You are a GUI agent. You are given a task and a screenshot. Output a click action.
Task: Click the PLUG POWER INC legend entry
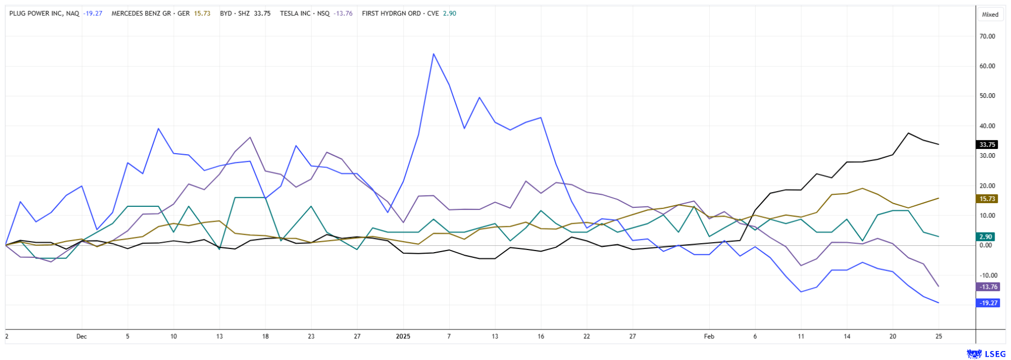(x=44, y=14)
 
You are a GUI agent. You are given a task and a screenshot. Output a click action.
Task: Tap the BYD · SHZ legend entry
(x=235, y=14)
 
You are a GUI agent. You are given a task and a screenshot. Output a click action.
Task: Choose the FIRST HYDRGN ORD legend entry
(x=400, y=14)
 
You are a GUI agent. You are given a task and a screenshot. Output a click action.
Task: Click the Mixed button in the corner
(x=990, y=15)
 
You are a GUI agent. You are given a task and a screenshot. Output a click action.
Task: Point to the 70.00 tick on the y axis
(x=987, y=36)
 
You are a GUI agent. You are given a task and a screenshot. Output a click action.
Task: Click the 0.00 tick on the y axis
(x=985, y=245)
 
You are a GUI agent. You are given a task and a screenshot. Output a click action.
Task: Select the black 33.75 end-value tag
(x=987, y=145)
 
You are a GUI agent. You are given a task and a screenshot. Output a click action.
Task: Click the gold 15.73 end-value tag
(x=987, y=199)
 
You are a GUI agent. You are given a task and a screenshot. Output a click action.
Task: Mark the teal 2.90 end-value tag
(x=986, y=237)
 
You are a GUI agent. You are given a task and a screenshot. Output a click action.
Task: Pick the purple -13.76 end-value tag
(x=988, y=287)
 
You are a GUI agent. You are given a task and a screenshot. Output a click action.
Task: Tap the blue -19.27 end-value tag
(x=988, y=303)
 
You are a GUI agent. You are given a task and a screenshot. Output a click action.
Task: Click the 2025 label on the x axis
(x=403, y=336)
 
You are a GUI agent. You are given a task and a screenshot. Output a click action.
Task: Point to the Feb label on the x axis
(x=709, y=336)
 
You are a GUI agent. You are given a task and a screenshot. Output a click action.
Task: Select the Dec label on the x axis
(x=81, y=336)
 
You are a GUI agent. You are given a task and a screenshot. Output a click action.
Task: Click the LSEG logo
(x=983, y=354)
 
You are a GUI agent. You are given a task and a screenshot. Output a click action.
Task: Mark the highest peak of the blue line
(x=433, y=54)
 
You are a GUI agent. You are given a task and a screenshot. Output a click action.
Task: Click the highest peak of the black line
(x=908, y=133)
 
